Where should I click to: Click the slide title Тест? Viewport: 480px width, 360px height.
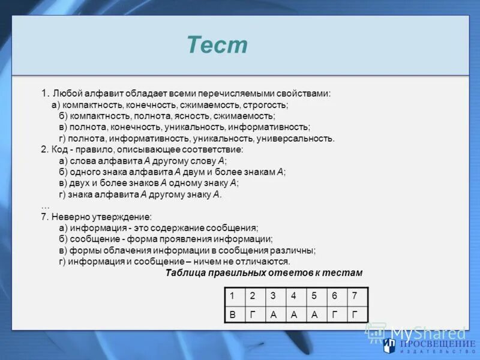point(217,45)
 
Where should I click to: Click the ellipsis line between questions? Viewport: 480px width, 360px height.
point(46,205)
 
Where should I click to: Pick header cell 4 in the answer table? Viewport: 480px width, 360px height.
point(293,295)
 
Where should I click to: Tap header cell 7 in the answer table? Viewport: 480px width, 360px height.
point(355,295)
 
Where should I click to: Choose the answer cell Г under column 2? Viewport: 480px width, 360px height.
point(253,314)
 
